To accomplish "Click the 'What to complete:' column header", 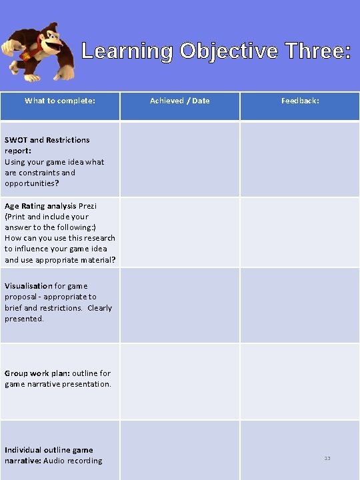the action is [60, 101].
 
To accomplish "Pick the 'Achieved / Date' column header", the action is [179, 101].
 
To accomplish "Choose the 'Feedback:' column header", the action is [300, 101].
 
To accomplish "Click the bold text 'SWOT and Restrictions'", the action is [47, 140].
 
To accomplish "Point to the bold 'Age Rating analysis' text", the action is [41, 206].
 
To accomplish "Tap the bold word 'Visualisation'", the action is [28, 286].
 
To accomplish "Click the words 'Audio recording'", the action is [73, 461].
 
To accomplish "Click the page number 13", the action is [327, 458].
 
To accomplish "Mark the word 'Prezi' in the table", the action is [88, 206].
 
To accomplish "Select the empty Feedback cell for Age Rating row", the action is [300, 232].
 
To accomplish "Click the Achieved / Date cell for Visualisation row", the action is [179, 305].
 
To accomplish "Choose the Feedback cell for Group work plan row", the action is [300, 381].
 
